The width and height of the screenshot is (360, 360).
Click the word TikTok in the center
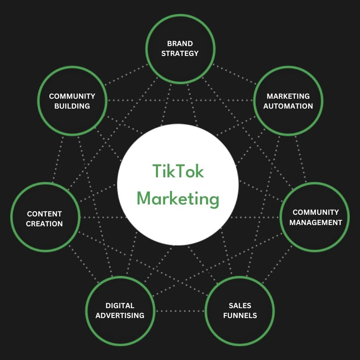tap(178, 171)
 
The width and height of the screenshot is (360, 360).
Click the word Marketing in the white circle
tap(178, 199)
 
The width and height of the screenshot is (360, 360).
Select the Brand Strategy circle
tap(180, 48)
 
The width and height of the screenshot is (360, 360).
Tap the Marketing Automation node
tap(288, 101)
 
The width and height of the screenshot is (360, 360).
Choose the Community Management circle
tap(315, 217)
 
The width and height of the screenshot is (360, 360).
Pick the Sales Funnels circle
tap(239, 311)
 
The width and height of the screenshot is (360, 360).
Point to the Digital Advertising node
tap(120, 311)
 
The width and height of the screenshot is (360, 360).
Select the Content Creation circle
tap(44, 218)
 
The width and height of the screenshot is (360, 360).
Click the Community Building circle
tap(72, 101)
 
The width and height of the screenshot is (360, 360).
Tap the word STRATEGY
tap(180, 53)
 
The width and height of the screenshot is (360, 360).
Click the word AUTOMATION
tap(288, 106)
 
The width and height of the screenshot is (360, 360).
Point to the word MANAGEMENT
tap(316, 223)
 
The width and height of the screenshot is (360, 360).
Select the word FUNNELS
tap(240, 316)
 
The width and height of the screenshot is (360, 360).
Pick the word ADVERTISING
tap(120, 316)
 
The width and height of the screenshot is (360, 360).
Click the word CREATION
tap(44, 224)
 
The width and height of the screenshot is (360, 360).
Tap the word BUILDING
tap(72, 106)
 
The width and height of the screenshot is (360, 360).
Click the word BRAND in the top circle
tap(180, 43)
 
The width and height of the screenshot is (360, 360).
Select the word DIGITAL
tap(120, 306)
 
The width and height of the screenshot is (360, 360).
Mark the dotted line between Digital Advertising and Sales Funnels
tap(179, 311)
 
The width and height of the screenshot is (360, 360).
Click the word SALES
tap(240, 306)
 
